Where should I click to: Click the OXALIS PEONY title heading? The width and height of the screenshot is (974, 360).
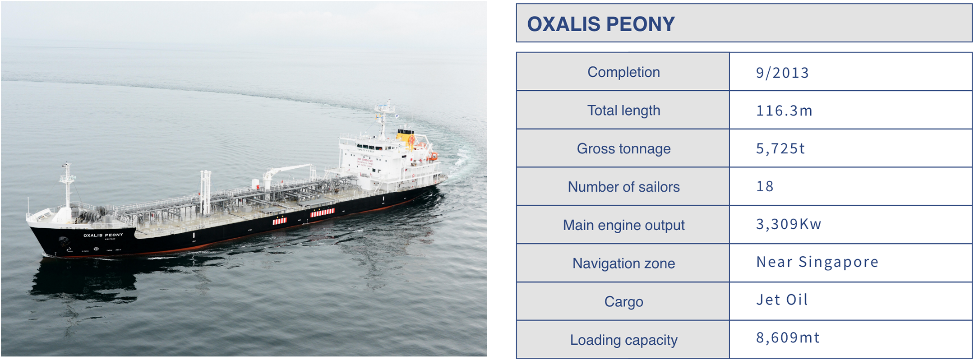point(601,24)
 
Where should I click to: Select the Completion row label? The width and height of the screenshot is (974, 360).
point(623,72)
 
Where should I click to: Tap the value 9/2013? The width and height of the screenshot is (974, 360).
point(782,73)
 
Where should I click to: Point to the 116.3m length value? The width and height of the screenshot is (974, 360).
point(784,111)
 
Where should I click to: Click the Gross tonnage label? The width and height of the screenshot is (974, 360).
point(623,149)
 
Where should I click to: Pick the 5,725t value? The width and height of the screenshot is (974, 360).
point(780,148)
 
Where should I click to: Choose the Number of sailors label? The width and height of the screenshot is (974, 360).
point(623,187)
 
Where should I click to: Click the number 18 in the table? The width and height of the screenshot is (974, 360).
point(765,186)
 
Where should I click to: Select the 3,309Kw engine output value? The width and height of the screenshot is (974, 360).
point(789,224)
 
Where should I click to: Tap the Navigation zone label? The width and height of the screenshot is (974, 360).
point(623,263)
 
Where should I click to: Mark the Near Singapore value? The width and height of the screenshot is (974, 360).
point(817,262)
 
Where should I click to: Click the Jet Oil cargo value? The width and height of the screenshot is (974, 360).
point(782,300)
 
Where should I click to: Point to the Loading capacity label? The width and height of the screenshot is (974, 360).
point(623,340)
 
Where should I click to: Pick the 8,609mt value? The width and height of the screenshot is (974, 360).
point(788,338)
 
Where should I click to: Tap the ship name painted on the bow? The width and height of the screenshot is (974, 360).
point(103,235)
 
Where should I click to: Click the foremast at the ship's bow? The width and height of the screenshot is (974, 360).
point(67,185)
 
